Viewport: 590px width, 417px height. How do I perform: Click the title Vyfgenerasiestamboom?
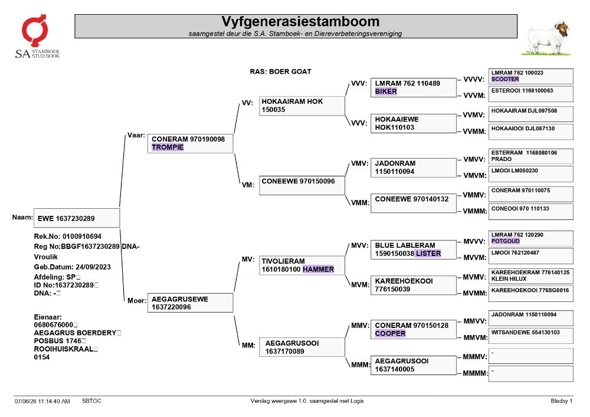(x=300, y=21)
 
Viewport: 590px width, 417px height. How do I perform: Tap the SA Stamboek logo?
(x=37, y=37)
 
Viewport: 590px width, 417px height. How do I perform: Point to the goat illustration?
(x=547, y=38)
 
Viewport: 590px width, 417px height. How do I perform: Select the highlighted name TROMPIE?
(x=168, y=147)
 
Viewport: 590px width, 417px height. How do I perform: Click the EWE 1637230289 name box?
(x=77, y=218)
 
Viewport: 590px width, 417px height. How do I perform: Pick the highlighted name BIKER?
(x=386, y=91)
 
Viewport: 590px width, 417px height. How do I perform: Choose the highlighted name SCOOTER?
(x=505, y=80)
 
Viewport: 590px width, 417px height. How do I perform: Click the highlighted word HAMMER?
(x=318, y=269)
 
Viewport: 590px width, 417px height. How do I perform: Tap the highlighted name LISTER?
(x=428, y=254)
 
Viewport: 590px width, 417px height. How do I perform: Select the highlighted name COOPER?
(x=390, y=333)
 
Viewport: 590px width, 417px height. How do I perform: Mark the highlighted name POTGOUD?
(x=506, y=241)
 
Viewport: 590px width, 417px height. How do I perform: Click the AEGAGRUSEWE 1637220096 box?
(x=190, y=303)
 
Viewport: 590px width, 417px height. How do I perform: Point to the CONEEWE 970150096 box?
(x=301, y=185)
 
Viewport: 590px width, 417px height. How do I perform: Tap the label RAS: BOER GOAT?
(x=280, y=71)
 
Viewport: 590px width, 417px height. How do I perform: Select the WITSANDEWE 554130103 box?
(x=531, y=336)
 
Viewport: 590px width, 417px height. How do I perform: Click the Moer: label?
(x=137, y=301)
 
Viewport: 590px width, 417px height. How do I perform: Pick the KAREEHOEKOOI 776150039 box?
(x=414, y=285)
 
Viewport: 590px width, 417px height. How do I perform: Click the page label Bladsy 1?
(x=562, y=401)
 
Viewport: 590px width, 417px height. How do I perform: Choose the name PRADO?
(x=501, y=159)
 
